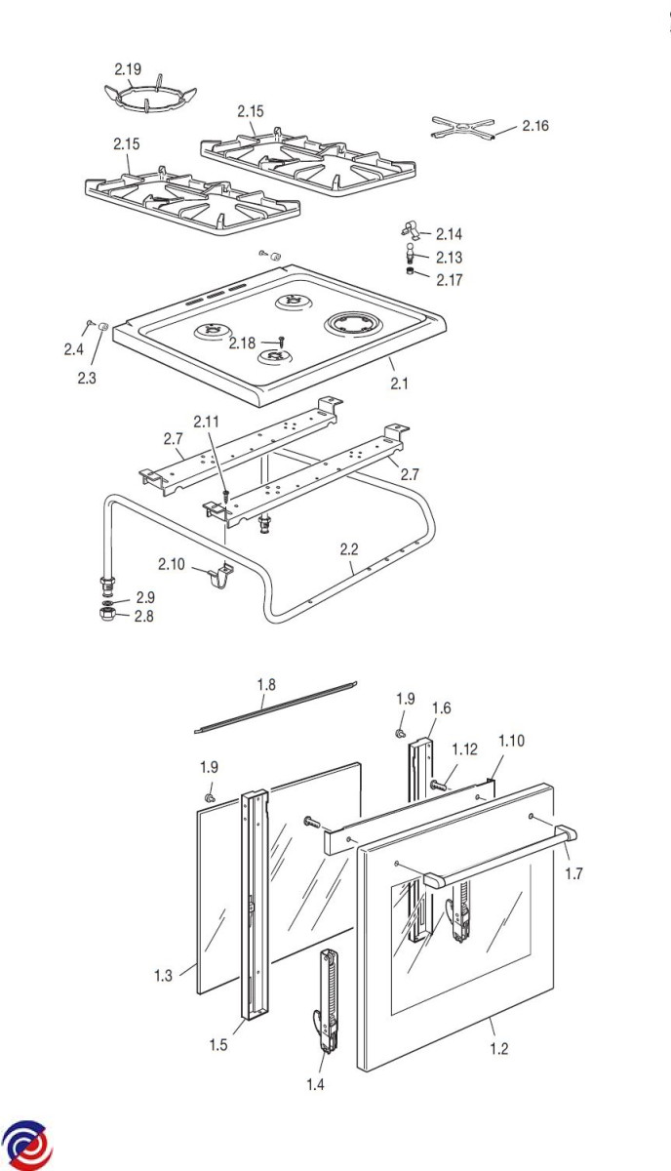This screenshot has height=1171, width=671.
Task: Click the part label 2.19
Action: [x=128, y=69]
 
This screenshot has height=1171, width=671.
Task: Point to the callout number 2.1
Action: [x=398, y=384]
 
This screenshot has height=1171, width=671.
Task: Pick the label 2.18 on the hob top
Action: [x=242, y=343]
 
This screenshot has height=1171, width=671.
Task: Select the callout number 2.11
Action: [x=207, y=422]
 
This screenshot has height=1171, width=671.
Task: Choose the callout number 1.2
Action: [x=499, y=1049]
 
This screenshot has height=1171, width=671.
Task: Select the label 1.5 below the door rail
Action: [x=218, y=1045]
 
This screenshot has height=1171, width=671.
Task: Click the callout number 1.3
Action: [x=163, y=975]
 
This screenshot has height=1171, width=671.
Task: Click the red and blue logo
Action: [x=26, y=1144]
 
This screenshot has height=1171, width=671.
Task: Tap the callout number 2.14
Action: [x=449, y=234]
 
